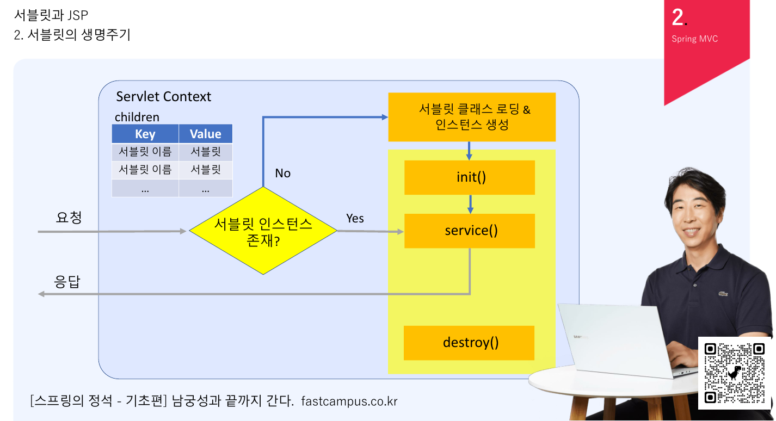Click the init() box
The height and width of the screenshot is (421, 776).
(470, 177)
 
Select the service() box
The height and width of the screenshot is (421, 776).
(470, 231)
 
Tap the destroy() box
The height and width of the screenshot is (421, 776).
(469, 343)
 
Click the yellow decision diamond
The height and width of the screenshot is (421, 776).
(263, 231)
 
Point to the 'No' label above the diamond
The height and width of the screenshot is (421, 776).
(282, 173)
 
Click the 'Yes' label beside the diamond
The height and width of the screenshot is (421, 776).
(355, 218)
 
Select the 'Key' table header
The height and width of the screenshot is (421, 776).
(145, 134)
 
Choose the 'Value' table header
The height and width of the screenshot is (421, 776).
(205, 134)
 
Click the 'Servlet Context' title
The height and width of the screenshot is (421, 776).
(163, 97)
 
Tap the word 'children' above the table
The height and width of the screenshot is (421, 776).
(137, 117)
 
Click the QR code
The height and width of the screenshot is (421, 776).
(735, 373)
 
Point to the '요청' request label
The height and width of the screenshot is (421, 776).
(69, 218)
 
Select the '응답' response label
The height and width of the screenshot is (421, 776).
(68, 282)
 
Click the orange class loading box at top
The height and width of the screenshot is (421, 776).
(471, 117)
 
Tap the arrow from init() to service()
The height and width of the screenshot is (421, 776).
(470, 204)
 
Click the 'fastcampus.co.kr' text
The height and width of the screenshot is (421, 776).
(349, 401)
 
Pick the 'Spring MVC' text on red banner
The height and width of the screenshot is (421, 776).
(694, 39)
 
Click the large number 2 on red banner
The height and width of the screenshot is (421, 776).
(678, 17)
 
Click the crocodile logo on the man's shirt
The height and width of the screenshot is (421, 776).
(723, 294)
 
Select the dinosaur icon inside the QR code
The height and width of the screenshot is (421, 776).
(735, 373)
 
